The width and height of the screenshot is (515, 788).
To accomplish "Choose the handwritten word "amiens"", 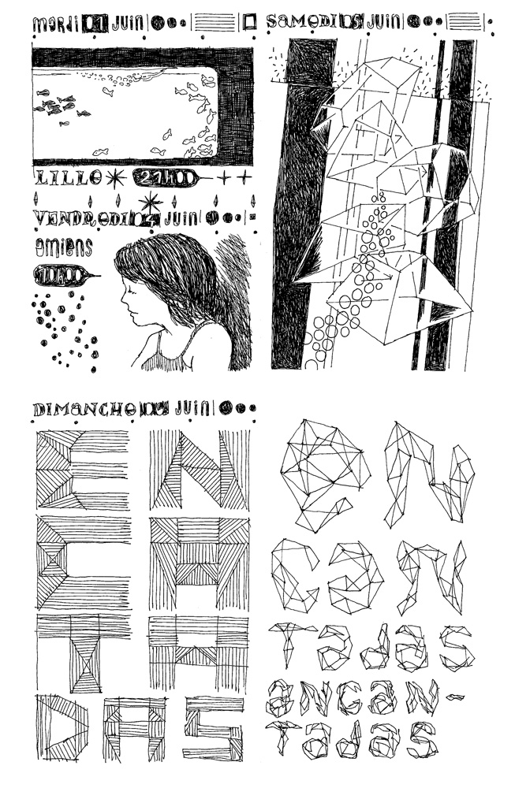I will (63, 247).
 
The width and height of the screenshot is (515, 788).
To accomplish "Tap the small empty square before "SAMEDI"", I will (251, 23).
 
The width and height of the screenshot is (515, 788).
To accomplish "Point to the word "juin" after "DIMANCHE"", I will (195, 408).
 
